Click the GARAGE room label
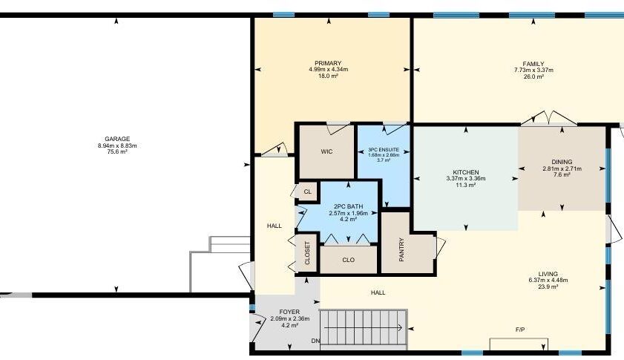click(x=117, y=139)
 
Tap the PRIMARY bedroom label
click(x=328, y=63)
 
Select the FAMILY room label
click(x=533, y=64)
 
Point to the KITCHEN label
click(x=466, y=172)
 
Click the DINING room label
click(x=562, y=162)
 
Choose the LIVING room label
click(x=548, y=274)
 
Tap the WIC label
click(x=326, y=151)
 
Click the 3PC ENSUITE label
click(x=384, y=150)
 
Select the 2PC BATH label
click(x=348, y=206)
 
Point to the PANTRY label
click(x=401, y=249)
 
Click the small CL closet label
click(x=308, y=192)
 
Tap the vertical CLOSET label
click(x=307, y=253)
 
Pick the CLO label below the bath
click(x=348, y=260)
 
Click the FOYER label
click(x=289, y=312)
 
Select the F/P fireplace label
click(x=520, y=330)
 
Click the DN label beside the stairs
click(x=315, y=341)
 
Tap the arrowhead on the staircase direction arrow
click(x=400, y=328)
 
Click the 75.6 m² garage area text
click(x=117, y=151)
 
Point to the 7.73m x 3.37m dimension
click(x=533, y=70)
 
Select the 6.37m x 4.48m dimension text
click(x=548, y=281)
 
